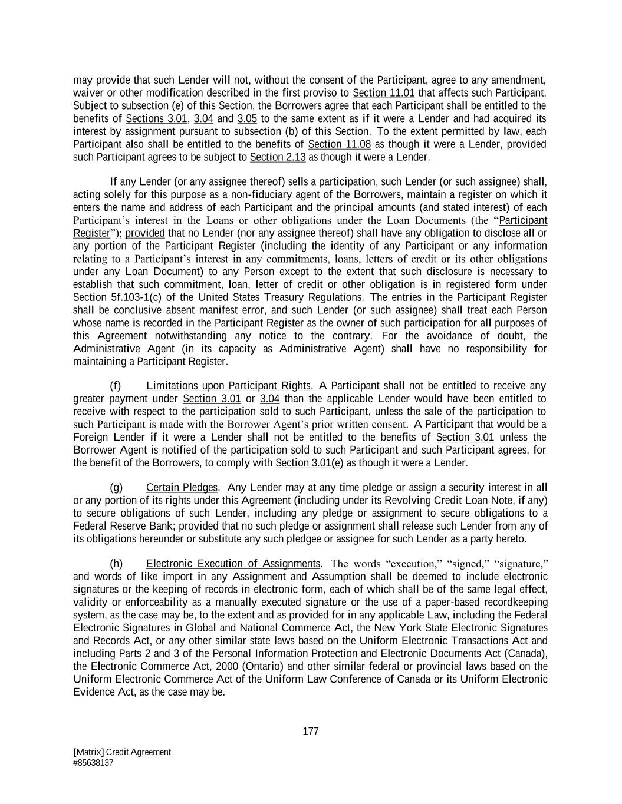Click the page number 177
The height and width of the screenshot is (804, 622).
[310, 732]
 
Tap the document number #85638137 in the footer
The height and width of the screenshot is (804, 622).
[93, 762]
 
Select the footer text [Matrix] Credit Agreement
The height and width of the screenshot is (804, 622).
[122, 752]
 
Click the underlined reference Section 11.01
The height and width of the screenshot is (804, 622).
[383, 93]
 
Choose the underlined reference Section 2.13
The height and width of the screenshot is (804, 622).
[278, 157]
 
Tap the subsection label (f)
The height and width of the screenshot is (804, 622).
[115, 386]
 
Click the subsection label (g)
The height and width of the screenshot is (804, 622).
[116, 487]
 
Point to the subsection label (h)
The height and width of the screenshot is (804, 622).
[116, 564]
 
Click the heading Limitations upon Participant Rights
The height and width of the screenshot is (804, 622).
[228, 386]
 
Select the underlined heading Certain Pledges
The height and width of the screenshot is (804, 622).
[182, 487]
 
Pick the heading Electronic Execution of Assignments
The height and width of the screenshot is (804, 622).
[233, 564]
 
